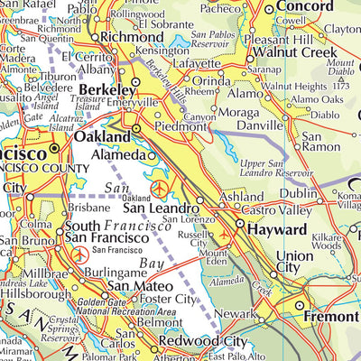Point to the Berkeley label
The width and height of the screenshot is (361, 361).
click(106, 91)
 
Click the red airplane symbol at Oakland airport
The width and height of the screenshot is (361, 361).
click(160, 188)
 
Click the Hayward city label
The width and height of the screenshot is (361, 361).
click(276, 229)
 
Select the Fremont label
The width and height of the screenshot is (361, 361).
click(331, 319)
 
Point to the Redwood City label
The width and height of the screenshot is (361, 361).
click(202, 342)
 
